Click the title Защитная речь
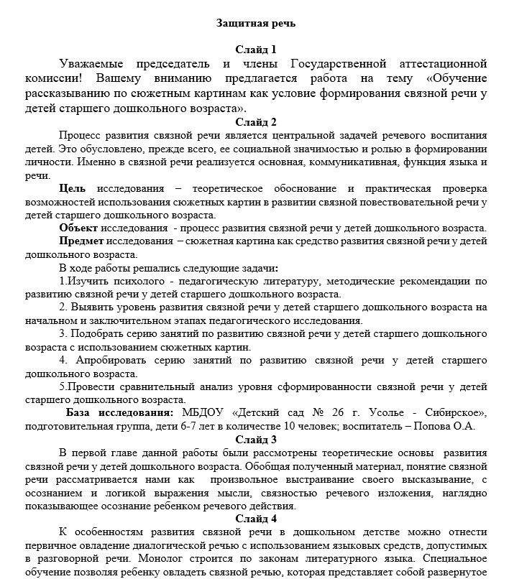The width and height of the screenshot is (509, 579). click(x=256, y=23)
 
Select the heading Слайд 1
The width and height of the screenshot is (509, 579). click(x=256, y=50)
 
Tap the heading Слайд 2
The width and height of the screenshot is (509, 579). click(x=256, y=121)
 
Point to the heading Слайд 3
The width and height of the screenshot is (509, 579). click(x=256, y=440)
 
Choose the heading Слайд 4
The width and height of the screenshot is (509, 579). click(x=256, y=519)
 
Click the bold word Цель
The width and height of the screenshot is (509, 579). click(x=72, y=188)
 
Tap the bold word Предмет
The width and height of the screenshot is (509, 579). click(x=81, y=241)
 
